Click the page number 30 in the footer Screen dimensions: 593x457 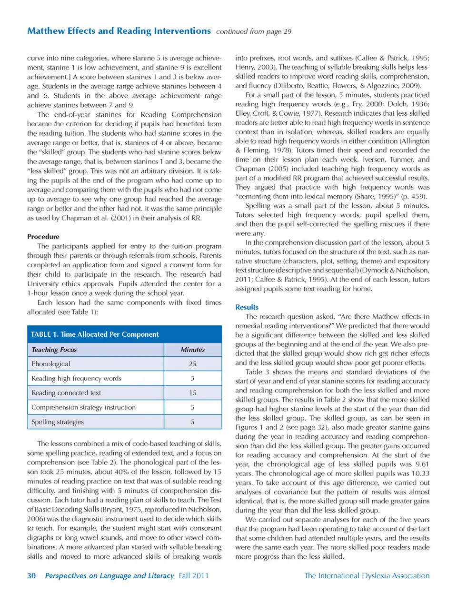(31, 575)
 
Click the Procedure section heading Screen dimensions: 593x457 (43, 237)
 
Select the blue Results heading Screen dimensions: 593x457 (247, 307)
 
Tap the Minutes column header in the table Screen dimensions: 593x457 (192, 350)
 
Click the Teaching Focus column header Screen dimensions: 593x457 (54, 350)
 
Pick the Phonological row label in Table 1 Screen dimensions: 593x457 (50, 364)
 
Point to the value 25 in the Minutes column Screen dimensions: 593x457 (192, 364)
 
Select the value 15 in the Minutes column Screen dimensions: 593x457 (192, 393)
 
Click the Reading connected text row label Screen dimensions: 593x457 (66, 393)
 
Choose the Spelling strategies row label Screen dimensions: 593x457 (58, 422)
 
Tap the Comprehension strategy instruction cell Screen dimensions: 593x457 (83, 407)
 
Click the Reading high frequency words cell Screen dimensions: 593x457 (76, 379)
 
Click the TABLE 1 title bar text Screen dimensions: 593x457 (95, 334)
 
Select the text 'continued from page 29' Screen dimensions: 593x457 (254, 31)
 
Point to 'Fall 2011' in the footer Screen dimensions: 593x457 (194, 575)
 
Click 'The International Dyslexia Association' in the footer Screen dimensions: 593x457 (367, 575)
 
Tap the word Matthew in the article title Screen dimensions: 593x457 (46, 31)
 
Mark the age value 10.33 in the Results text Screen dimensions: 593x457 (420, 473)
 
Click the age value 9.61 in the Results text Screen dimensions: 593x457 (422, 464)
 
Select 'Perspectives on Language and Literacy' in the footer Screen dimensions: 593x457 (109, 575)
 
